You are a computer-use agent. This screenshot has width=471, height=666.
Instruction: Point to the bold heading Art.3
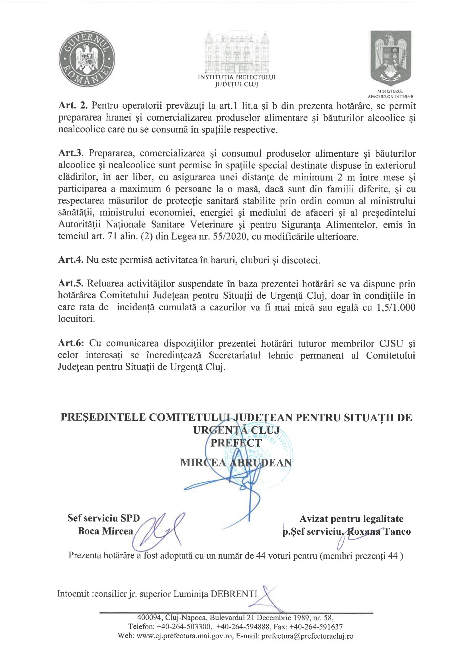point(71,153)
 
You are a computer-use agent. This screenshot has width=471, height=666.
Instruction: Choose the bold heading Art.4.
point(71,260)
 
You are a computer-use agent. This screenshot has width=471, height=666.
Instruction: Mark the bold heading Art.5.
point(71,284)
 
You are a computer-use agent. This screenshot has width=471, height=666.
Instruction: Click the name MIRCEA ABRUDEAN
point(235,462)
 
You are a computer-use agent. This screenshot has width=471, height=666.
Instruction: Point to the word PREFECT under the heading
point(236,443)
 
